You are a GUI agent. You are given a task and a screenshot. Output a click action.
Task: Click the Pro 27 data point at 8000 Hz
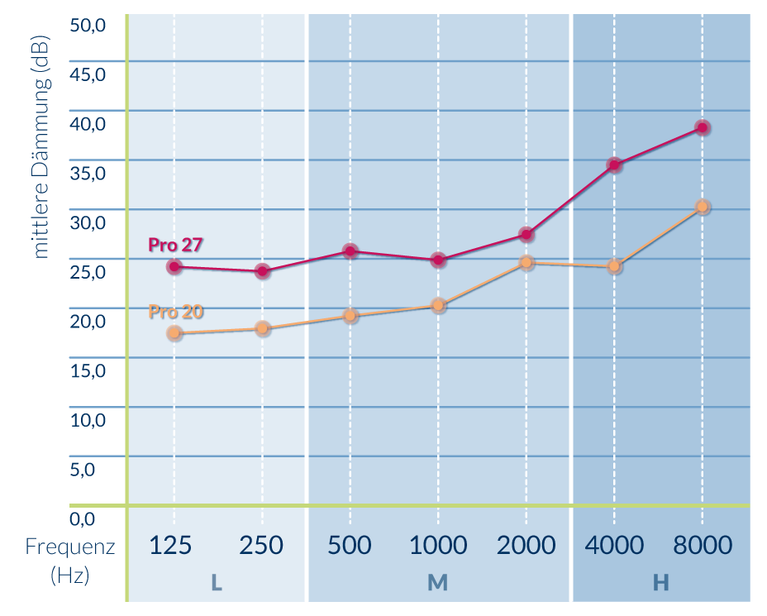coord(702,127)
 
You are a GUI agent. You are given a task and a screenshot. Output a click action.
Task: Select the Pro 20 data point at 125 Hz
coord(174,333)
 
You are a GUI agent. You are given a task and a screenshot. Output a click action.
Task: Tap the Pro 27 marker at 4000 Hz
coord(614,165)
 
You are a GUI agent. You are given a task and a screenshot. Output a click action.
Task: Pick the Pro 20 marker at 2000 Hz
coord(526,263)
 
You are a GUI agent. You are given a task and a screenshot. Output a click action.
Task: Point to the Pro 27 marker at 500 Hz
coord(350,251)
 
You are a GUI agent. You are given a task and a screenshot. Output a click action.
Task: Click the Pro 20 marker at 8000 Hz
coord(702,207)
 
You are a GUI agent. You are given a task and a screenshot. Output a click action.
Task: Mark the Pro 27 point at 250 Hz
coord(263,270)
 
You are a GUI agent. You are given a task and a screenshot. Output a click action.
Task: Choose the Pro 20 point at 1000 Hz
coord(438,305)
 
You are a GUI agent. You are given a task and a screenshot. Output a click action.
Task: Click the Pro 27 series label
coord(176,245)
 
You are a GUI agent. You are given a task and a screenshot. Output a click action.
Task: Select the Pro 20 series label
coord(176,312)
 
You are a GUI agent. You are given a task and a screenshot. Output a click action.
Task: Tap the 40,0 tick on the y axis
coord(88,123)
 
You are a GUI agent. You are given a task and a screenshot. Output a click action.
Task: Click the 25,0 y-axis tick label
coord(88,271)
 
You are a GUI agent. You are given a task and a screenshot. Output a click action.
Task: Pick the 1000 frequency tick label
coord(438,546)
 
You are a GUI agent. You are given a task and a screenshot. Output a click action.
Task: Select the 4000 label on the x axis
coord(614,546)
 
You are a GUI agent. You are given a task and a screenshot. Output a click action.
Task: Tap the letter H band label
coord(660,583)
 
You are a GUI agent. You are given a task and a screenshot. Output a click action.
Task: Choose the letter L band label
coord(217,583)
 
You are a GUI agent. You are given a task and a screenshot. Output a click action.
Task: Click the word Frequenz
coord(70,547)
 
